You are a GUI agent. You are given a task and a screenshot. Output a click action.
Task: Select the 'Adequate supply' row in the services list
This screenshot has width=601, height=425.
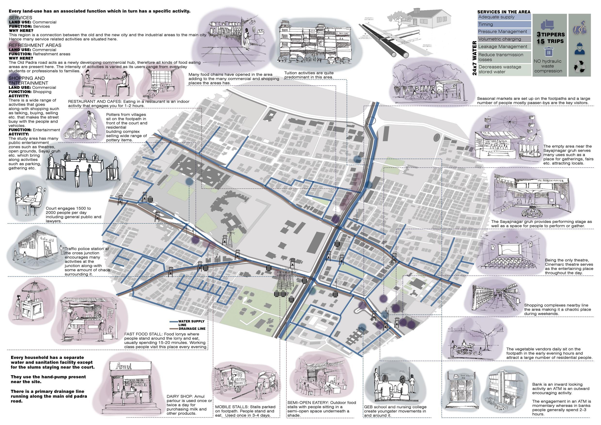[x=504, y=17]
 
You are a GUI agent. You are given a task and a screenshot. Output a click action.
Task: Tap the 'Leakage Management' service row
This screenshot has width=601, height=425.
[x=504, y=47]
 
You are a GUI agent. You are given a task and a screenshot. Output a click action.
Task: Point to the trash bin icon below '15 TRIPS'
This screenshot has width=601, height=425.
[x=548, y=52]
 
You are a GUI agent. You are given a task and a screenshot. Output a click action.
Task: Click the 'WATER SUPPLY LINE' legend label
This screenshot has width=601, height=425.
[x=191, y=323]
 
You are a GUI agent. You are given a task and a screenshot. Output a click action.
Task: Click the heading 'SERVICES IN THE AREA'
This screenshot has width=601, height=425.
[x=504, y=12]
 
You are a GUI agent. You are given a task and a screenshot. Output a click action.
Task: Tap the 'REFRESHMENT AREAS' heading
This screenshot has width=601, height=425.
[x=35, y=45]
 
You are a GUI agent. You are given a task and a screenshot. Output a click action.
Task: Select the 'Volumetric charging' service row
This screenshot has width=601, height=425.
[x=504, y=39]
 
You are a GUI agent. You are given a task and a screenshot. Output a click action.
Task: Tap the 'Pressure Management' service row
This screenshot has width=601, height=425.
[x=504, y=32]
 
